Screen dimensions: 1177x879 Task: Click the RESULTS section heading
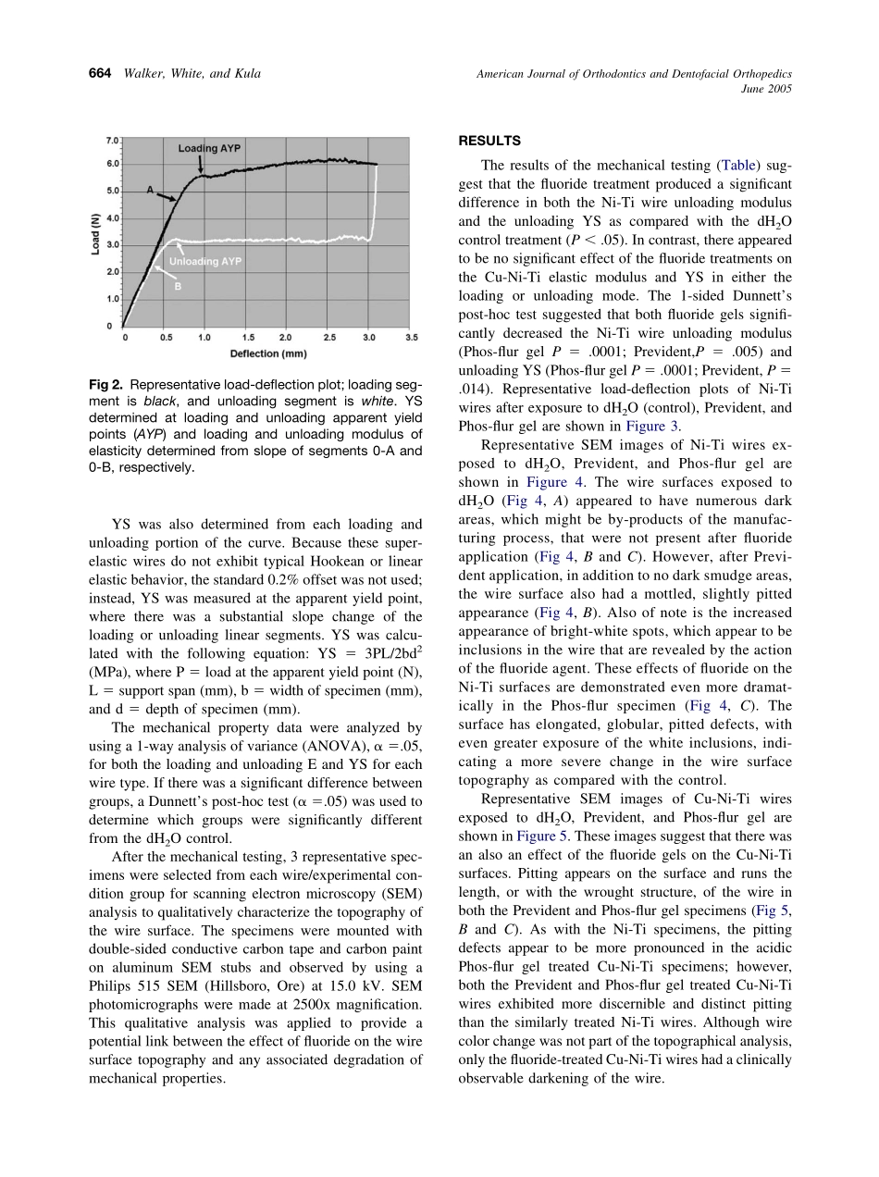(489, 141)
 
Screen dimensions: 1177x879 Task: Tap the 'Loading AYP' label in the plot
(210, 148)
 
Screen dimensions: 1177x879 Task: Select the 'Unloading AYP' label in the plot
(204, 262)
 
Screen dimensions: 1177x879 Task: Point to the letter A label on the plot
(149, 189)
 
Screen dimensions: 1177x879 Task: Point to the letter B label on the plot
(177, 286)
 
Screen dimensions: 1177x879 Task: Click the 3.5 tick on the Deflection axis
(411, 338)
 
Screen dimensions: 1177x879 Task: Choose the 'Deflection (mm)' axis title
(268, 353)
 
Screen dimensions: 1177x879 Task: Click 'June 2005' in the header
(767, 90)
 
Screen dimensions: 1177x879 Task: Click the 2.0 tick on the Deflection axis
(285, 338)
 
